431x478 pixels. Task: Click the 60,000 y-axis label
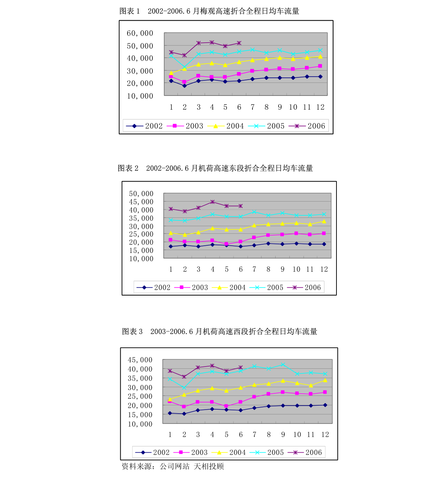[x=140, y=33]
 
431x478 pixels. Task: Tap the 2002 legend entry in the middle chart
[x=153, y=287]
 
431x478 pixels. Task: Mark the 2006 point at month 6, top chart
[x=239, y=43]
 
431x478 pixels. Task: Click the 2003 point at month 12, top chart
[x=320, y=66]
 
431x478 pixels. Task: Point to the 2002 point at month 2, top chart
[x=184, y=86]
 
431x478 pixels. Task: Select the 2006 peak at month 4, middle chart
[x=213, y=202]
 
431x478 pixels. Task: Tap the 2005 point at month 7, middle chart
[x=254, y=212]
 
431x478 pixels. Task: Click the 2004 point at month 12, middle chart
[x=324, y=221]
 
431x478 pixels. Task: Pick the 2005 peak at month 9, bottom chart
[x=283, y=365]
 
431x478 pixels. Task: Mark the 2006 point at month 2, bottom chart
[x=184, y=377]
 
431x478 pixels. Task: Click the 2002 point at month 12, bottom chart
[x=325, y=405]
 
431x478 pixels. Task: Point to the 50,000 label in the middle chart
[x=141, y=194]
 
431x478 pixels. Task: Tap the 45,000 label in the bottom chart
[x=140, y=360]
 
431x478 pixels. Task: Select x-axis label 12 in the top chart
[x=320, y=107]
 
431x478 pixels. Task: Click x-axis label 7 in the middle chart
[x=254, y=269]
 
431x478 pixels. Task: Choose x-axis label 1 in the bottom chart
[x=170, y=435]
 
